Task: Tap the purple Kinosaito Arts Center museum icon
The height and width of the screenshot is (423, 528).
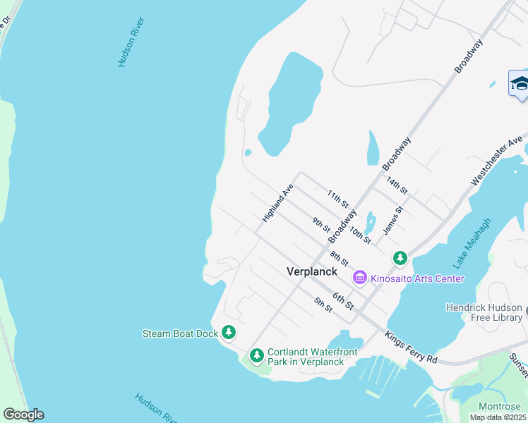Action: pos(360,278)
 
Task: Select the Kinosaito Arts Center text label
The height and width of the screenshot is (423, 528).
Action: pos(417,278)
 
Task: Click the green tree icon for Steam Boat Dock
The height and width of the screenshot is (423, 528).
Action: pos(228,332)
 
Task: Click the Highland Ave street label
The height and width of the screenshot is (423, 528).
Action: pos(277,204)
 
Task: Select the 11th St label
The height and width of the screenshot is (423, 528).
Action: pos(339,198)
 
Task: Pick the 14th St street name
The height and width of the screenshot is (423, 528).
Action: pos(398,188)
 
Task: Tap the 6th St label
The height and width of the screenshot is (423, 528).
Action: pos(343,300)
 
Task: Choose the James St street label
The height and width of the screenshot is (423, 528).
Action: pos(392,221)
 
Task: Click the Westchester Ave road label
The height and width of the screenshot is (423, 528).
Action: pos(496,160)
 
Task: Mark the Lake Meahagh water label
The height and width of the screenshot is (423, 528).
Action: pos(472,243)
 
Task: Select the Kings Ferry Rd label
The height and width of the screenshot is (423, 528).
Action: pos(412,348)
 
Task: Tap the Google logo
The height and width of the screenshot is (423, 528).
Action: pos(23,415)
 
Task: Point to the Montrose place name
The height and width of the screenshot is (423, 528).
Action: pos(500,406)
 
